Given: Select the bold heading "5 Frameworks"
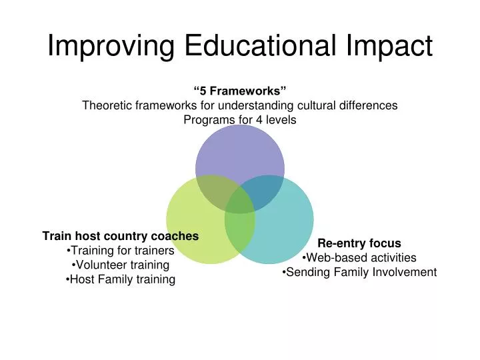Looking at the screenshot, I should point(240,91).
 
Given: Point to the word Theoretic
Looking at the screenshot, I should point(106,105).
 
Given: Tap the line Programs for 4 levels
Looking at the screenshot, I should point(240,120).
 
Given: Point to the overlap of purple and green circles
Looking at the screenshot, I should point(213,191).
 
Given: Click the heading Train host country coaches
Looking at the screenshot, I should point(121,236).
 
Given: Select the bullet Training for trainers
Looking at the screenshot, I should point(121,251).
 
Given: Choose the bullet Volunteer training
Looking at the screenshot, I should point(121,265).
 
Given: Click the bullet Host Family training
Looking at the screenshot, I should point(121,280).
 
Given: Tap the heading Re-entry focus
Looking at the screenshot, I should point(359,243).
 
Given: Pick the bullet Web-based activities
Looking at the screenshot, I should point(359,258).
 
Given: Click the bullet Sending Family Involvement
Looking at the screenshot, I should point(359,272).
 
